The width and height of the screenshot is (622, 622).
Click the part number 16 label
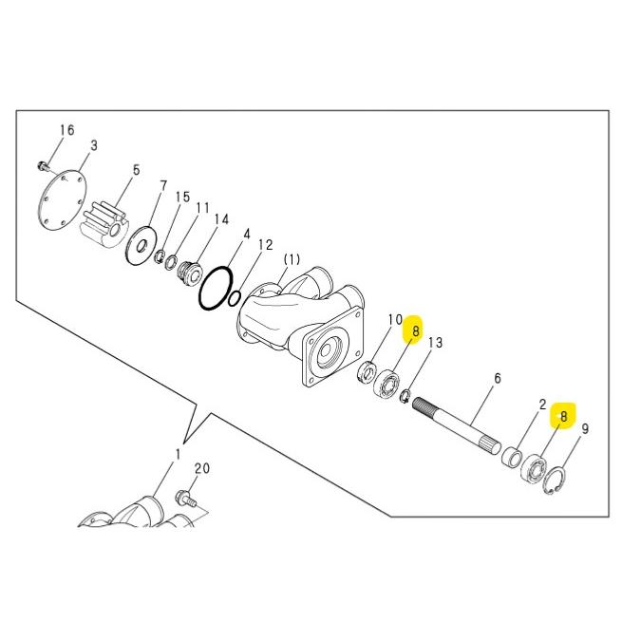[67, 130]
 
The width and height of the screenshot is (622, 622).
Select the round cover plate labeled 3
[62, 201]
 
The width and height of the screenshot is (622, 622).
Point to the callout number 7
[163, 185]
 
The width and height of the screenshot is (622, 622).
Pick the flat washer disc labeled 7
[141, 244]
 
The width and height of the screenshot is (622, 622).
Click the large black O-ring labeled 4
[216, 288]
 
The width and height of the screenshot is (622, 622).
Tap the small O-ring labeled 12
[235, 298]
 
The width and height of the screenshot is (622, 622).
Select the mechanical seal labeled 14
[189, 273]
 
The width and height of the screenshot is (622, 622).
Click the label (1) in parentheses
[292, 260]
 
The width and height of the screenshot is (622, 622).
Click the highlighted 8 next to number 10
[415, 330]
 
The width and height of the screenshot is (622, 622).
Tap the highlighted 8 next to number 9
[563, 416]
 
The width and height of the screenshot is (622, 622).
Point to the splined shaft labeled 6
[456, 425]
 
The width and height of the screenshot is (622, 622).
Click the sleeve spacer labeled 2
[511, 457]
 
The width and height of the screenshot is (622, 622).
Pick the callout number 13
[435, 343]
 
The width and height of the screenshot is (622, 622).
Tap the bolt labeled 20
[185, 499]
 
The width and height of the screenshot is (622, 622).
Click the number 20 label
[202, 468]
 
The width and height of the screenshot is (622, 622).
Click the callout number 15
[183, 198]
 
